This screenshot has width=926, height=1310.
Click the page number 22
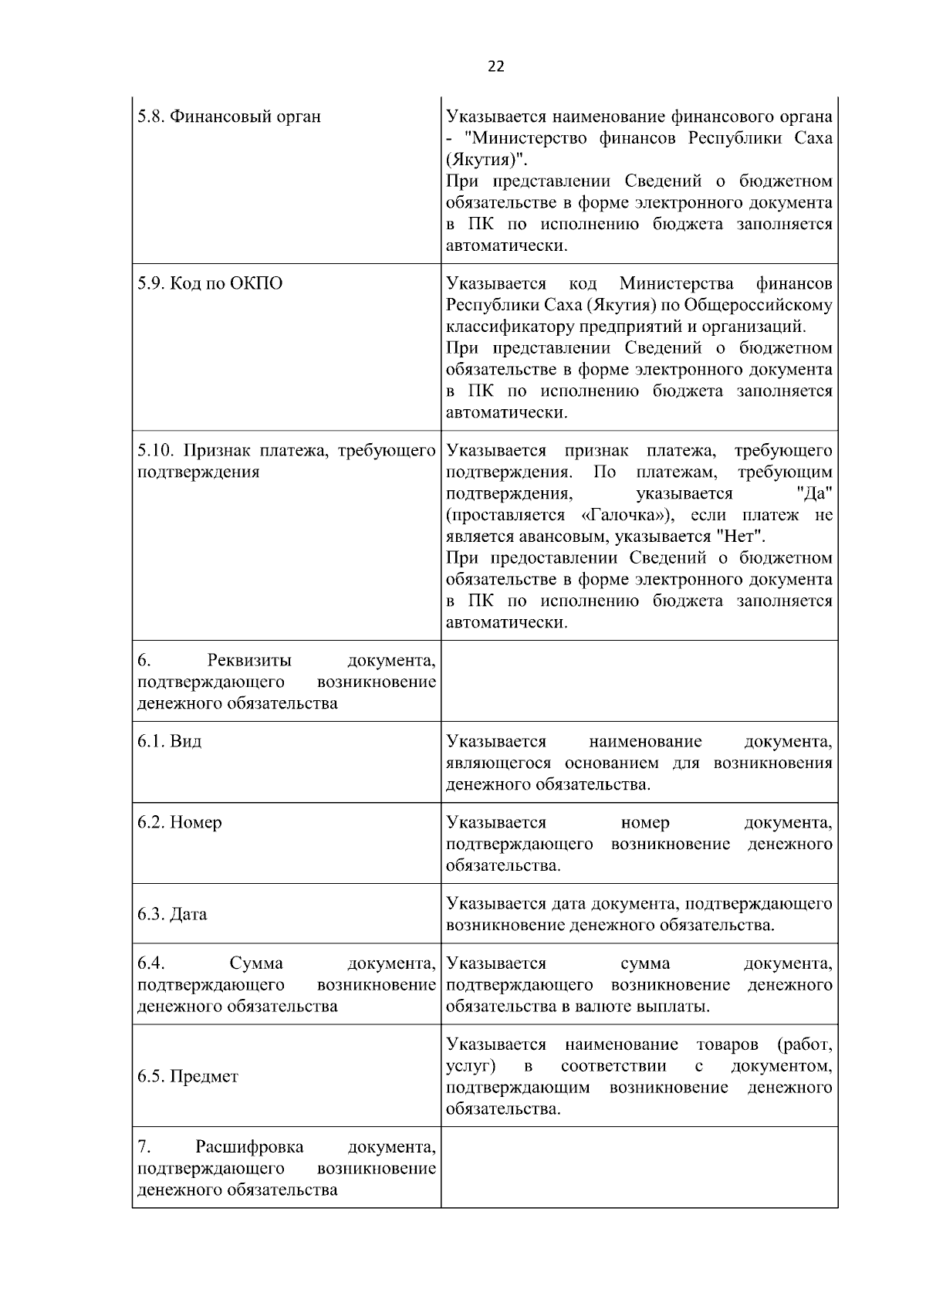click(x=496, y=66)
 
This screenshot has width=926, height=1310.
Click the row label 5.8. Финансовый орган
click(x=229, y=117)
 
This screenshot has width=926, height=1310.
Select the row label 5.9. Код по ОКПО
click(x=210, y=283)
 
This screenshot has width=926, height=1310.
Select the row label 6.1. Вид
click(x=170, y=741)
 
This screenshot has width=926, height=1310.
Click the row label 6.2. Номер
click(x=179, y=822)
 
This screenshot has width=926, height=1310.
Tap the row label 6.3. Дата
click(x=172, y=914)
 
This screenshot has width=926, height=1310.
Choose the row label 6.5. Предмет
click(x=188, y=1076)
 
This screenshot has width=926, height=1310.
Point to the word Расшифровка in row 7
click(x=249, y=1146)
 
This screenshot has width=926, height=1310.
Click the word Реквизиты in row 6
click(x=249, y=661)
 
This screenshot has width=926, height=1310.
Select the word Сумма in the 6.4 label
click(x=256, y=963)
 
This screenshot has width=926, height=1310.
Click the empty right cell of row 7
click(x=639, y=1167)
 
